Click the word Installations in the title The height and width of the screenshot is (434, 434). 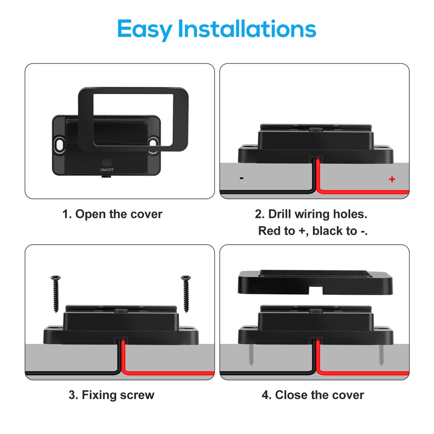point(247,28)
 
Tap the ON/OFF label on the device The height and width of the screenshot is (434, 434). point(107,170)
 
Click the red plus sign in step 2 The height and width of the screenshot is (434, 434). point(392,179)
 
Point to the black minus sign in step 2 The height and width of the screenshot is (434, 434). point(242,178)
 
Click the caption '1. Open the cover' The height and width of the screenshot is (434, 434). point(112,214)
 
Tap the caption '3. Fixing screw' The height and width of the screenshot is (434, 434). point(112,395)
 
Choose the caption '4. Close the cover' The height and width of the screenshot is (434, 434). point(313,395)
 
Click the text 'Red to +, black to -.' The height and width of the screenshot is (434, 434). point(313,231)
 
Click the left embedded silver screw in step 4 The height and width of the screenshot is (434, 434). point(251,355)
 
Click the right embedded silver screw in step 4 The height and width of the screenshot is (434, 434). point(381,355)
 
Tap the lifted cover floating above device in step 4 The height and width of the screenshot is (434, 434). point(315,283)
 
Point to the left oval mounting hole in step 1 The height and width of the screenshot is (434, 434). point(59,144)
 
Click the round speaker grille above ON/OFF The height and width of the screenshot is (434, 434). point(107,162)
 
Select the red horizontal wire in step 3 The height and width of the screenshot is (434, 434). point(168,373)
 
